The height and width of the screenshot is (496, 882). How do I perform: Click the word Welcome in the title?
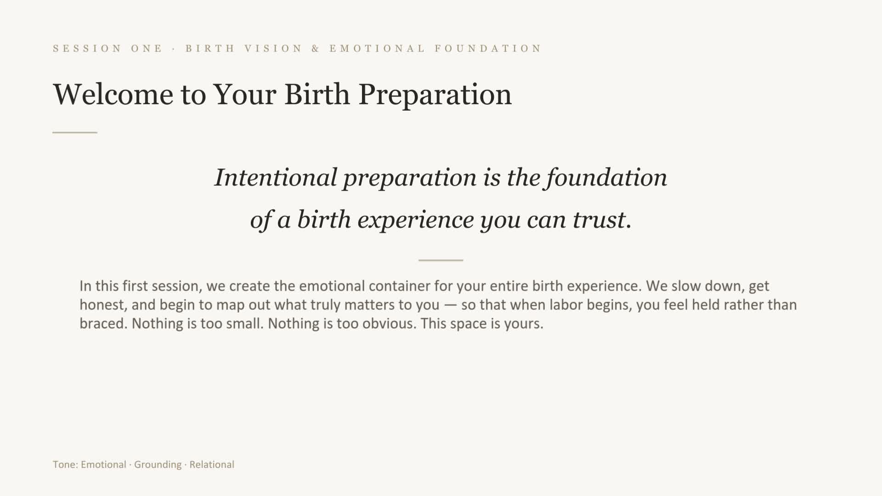113,94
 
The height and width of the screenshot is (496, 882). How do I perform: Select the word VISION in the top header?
273,49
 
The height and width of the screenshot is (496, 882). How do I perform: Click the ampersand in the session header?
316,49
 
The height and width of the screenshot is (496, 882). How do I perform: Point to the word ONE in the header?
147,49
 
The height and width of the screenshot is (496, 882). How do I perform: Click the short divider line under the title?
75,132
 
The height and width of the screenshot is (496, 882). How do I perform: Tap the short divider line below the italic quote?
441,260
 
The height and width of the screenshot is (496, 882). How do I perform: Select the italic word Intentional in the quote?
276,177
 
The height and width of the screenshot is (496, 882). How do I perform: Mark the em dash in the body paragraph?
450,305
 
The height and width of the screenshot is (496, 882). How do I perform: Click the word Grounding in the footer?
158,465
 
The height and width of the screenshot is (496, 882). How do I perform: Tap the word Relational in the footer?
212,464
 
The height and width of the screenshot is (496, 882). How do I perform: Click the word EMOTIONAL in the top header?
377,49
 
